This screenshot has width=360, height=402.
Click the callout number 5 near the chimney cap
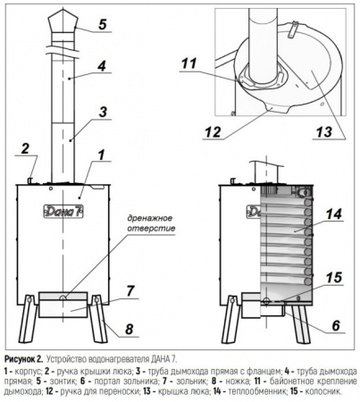tap(102, 24)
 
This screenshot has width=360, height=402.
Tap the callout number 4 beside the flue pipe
tap(102, 65)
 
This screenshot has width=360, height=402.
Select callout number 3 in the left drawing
tap(103, 113)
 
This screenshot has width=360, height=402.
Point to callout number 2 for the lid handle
tap(25, 148)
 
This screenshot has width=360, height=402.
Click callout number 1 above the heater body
tap(102, 155)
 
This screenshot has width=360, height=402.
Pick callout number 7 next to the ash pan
tap(130, 291)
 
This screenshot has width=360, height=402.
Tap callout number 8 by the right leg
tap(129, 330)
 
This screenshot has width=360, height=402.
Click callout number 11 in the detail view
tap(189, 63)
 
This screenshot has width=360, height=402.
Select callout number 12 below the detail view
tap(213, 132)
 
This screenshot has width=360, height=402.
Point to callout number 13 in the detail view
tap(324, 131)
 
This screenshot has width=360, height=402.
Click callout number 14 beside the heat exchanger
tap(334, 214)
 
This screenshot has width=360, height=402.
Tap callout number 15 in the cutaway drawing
tap(334, 277)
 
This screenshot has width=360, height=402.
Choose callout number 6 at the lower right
tap(336, 325)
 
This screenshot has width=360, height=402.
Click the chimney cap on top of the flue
tap(63, 21)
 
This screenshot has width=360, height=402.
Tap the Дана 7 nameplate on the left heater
tap(63, 212)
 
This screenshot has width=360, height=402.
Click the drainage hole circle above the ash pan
tap(63, 297)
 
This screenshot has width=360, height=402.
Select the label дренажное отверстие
tap(151, 223)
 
